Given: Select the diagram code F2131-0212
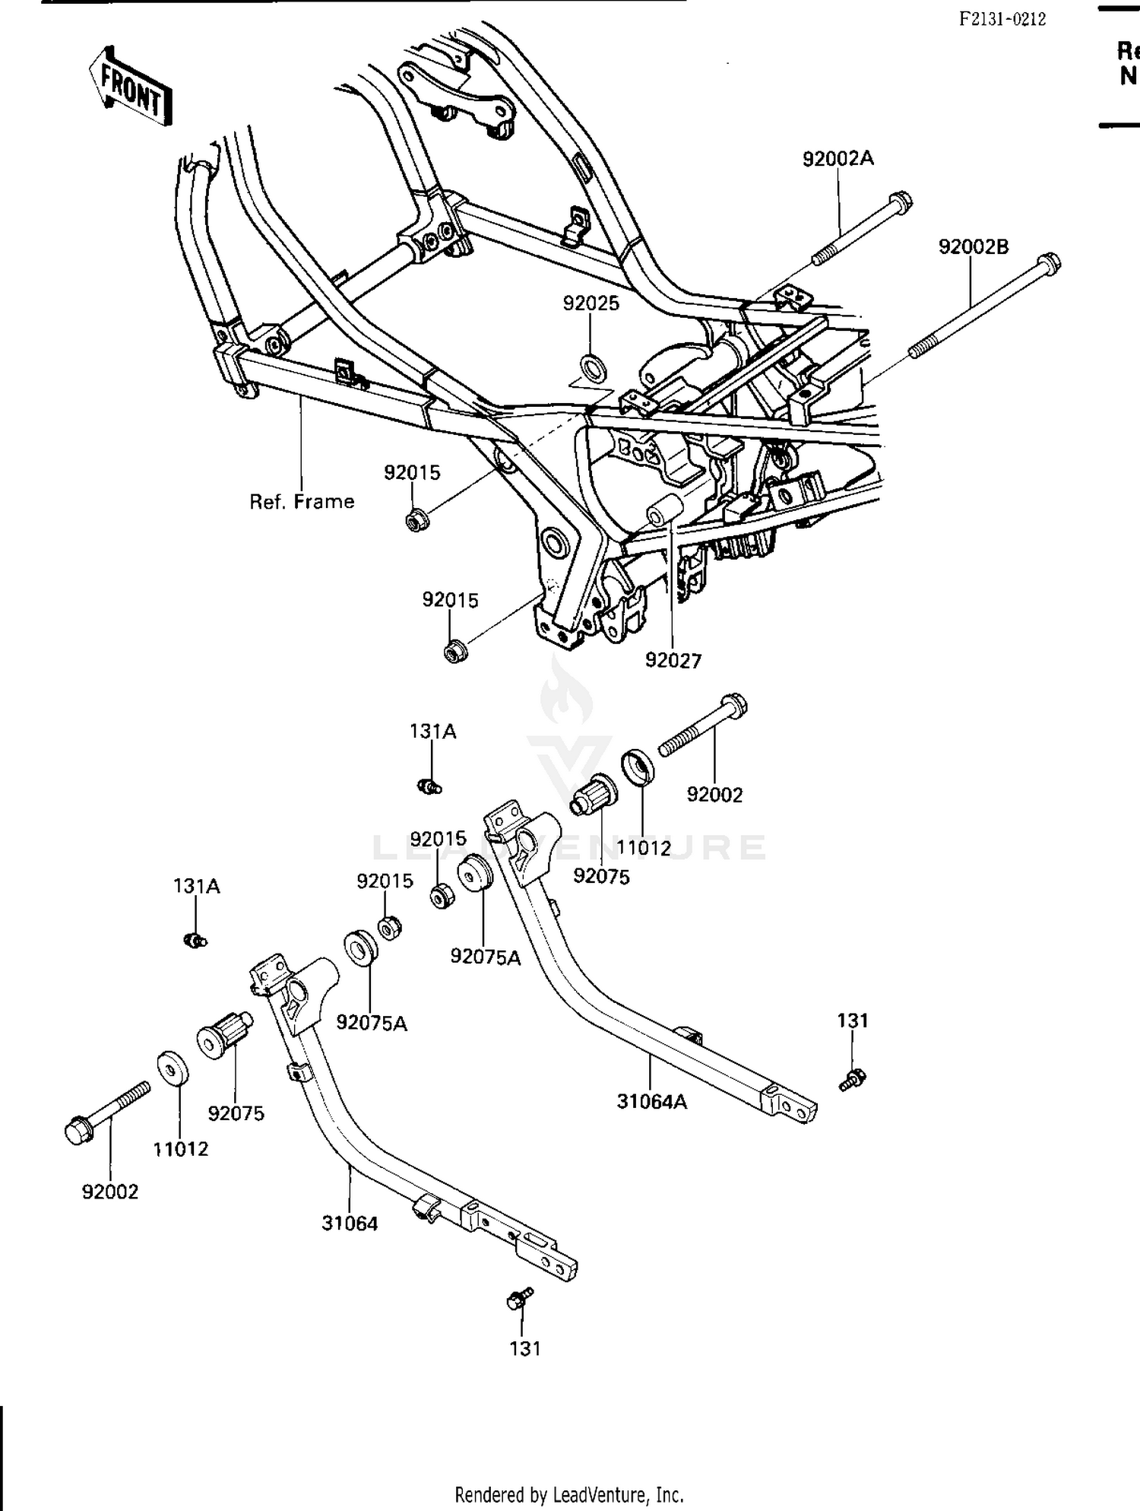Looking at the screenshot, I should click(1002, 20).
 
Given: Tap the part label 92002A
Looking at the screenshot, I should click(838, 158).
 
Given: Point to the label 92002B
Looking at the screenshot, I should click(973, 247).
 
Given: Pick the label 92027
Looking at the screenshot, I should click(673, 661).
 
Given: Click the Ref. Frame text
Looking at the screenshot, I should click(302, 502).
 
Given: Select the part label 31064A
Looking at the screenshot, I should click(651, 1101).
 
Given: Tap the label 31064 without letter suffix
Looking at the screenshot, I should click(350, 1224).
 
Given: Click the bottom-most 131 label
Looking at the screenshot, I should click(524, 1348).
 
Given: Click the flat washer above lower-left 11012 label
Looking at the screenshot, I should click(174, 1067).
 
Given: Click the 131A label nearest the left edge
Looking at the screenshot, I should click(197, 886).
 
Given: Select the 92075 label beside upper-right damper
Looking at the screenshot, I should click(601, 877).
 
